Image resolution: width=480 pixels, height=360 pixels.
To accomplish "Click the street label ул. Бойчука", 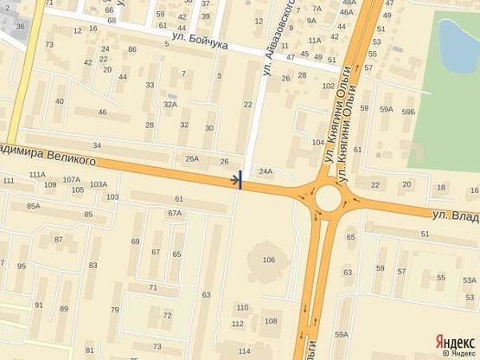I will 199,40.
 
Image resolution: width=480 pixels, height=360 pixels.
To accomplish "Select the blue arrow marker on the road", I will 237,181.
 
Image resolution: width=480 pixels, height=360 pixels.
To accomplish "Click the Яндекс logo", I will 454,341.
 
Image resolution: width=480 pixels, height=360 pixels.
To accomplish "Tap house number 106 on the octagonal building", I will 268,260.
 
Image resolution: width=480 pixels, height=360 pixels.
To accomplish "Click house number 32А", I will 170,105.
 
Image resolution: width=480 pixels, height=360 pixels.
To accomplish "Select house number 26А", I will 192,158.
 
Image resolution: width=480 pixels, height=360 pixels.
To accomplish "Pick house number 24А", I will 266,171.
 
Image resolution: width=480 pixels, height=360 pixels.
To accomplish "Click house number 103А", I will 98,183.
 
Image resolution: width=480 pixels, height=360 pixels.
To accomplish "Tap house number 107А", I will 72,180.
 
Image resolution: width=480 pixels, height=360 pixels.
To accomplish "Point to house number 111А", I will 36,174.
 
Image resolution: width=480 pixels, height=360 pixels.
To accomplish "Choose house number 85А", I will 34,206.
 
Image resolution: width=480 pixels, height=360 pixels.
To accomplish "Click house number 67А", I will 175,213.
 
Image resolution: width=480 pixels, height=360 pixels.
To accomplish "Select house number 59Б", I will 408,108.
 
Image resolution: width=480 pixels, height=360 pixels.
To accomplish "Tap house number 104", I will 317,141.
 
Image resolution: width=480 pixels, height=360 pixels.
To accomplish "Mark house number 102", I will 328,87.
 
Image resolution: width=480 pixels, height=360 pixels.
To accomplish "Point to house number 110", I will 242,307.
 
